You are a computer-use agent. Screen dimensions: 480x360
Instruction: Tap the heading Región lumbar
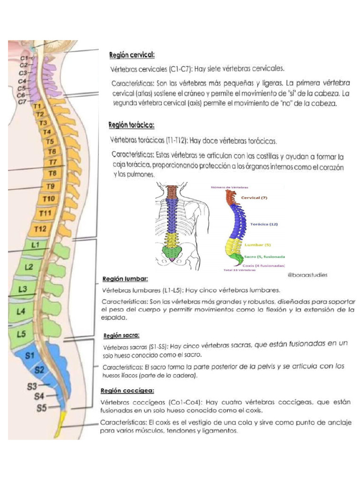(x=125, y=279)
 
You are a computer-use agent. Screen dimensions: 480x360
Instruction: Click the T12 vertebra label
(x=40, y=229)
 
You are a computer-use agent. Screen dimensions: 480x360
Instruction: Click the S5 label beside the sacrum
(x=42, y=408)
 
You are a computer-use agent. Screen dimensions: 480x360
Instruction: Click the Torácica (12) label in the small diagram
(x=264, y=224)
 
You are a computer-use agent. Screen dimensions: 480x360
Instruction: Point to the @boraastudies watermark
(x=307, y=275)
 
